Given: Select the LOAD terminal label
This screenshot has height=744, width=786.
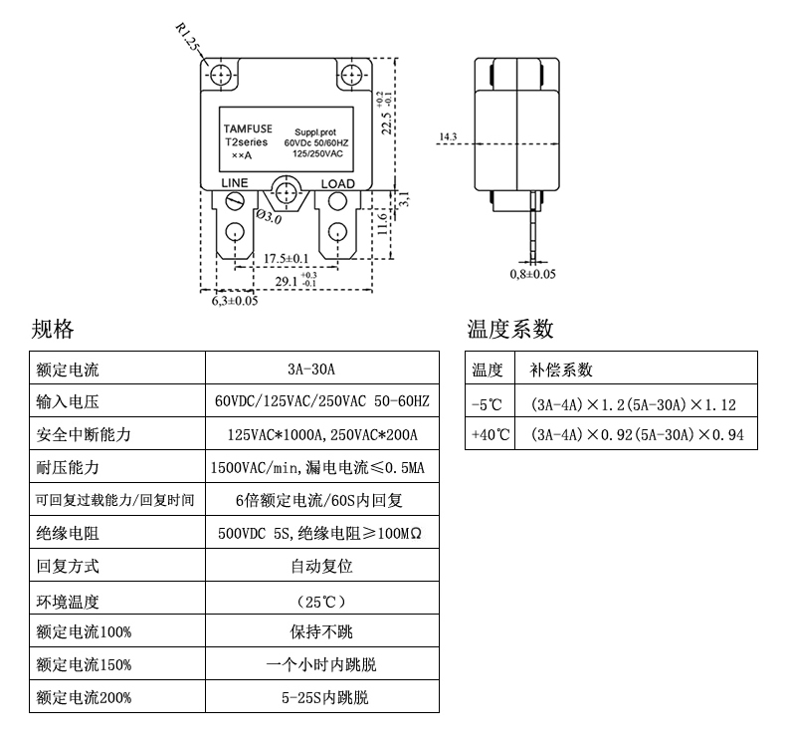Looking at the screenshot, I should [x=337, y=184].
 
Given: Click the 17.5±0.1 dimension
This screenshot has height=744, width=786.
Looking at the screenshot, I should [x=287, y=259].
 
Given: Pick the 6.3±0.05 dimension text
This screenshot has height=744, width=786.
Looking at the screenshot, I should [x=235, y=300].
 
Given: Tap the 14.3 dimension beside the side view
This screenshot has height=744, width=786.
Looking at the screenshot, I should [x=448, y=136].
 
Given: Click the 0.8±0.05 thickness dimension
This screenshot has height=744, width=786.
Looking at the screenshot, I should [x=532, y=273].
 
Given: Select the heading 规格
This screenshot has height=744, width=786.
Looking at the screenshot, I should [x=52, y=330].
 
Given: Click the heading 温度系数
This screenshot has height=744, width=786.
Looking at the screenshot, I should [x=509, y=330].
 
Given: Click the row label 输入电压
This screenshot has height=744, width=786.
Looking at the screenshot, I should [x=67, y=402].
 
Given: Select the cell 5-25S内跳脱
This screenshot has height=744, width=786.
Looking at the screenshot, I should [x=324, y=698].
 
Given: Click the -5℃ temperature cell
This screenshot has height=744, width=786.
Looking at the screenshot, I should [x=489, y=403].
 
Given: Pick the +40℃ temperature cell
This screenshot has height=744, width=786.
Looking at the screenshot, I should [x=490, y=435].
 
